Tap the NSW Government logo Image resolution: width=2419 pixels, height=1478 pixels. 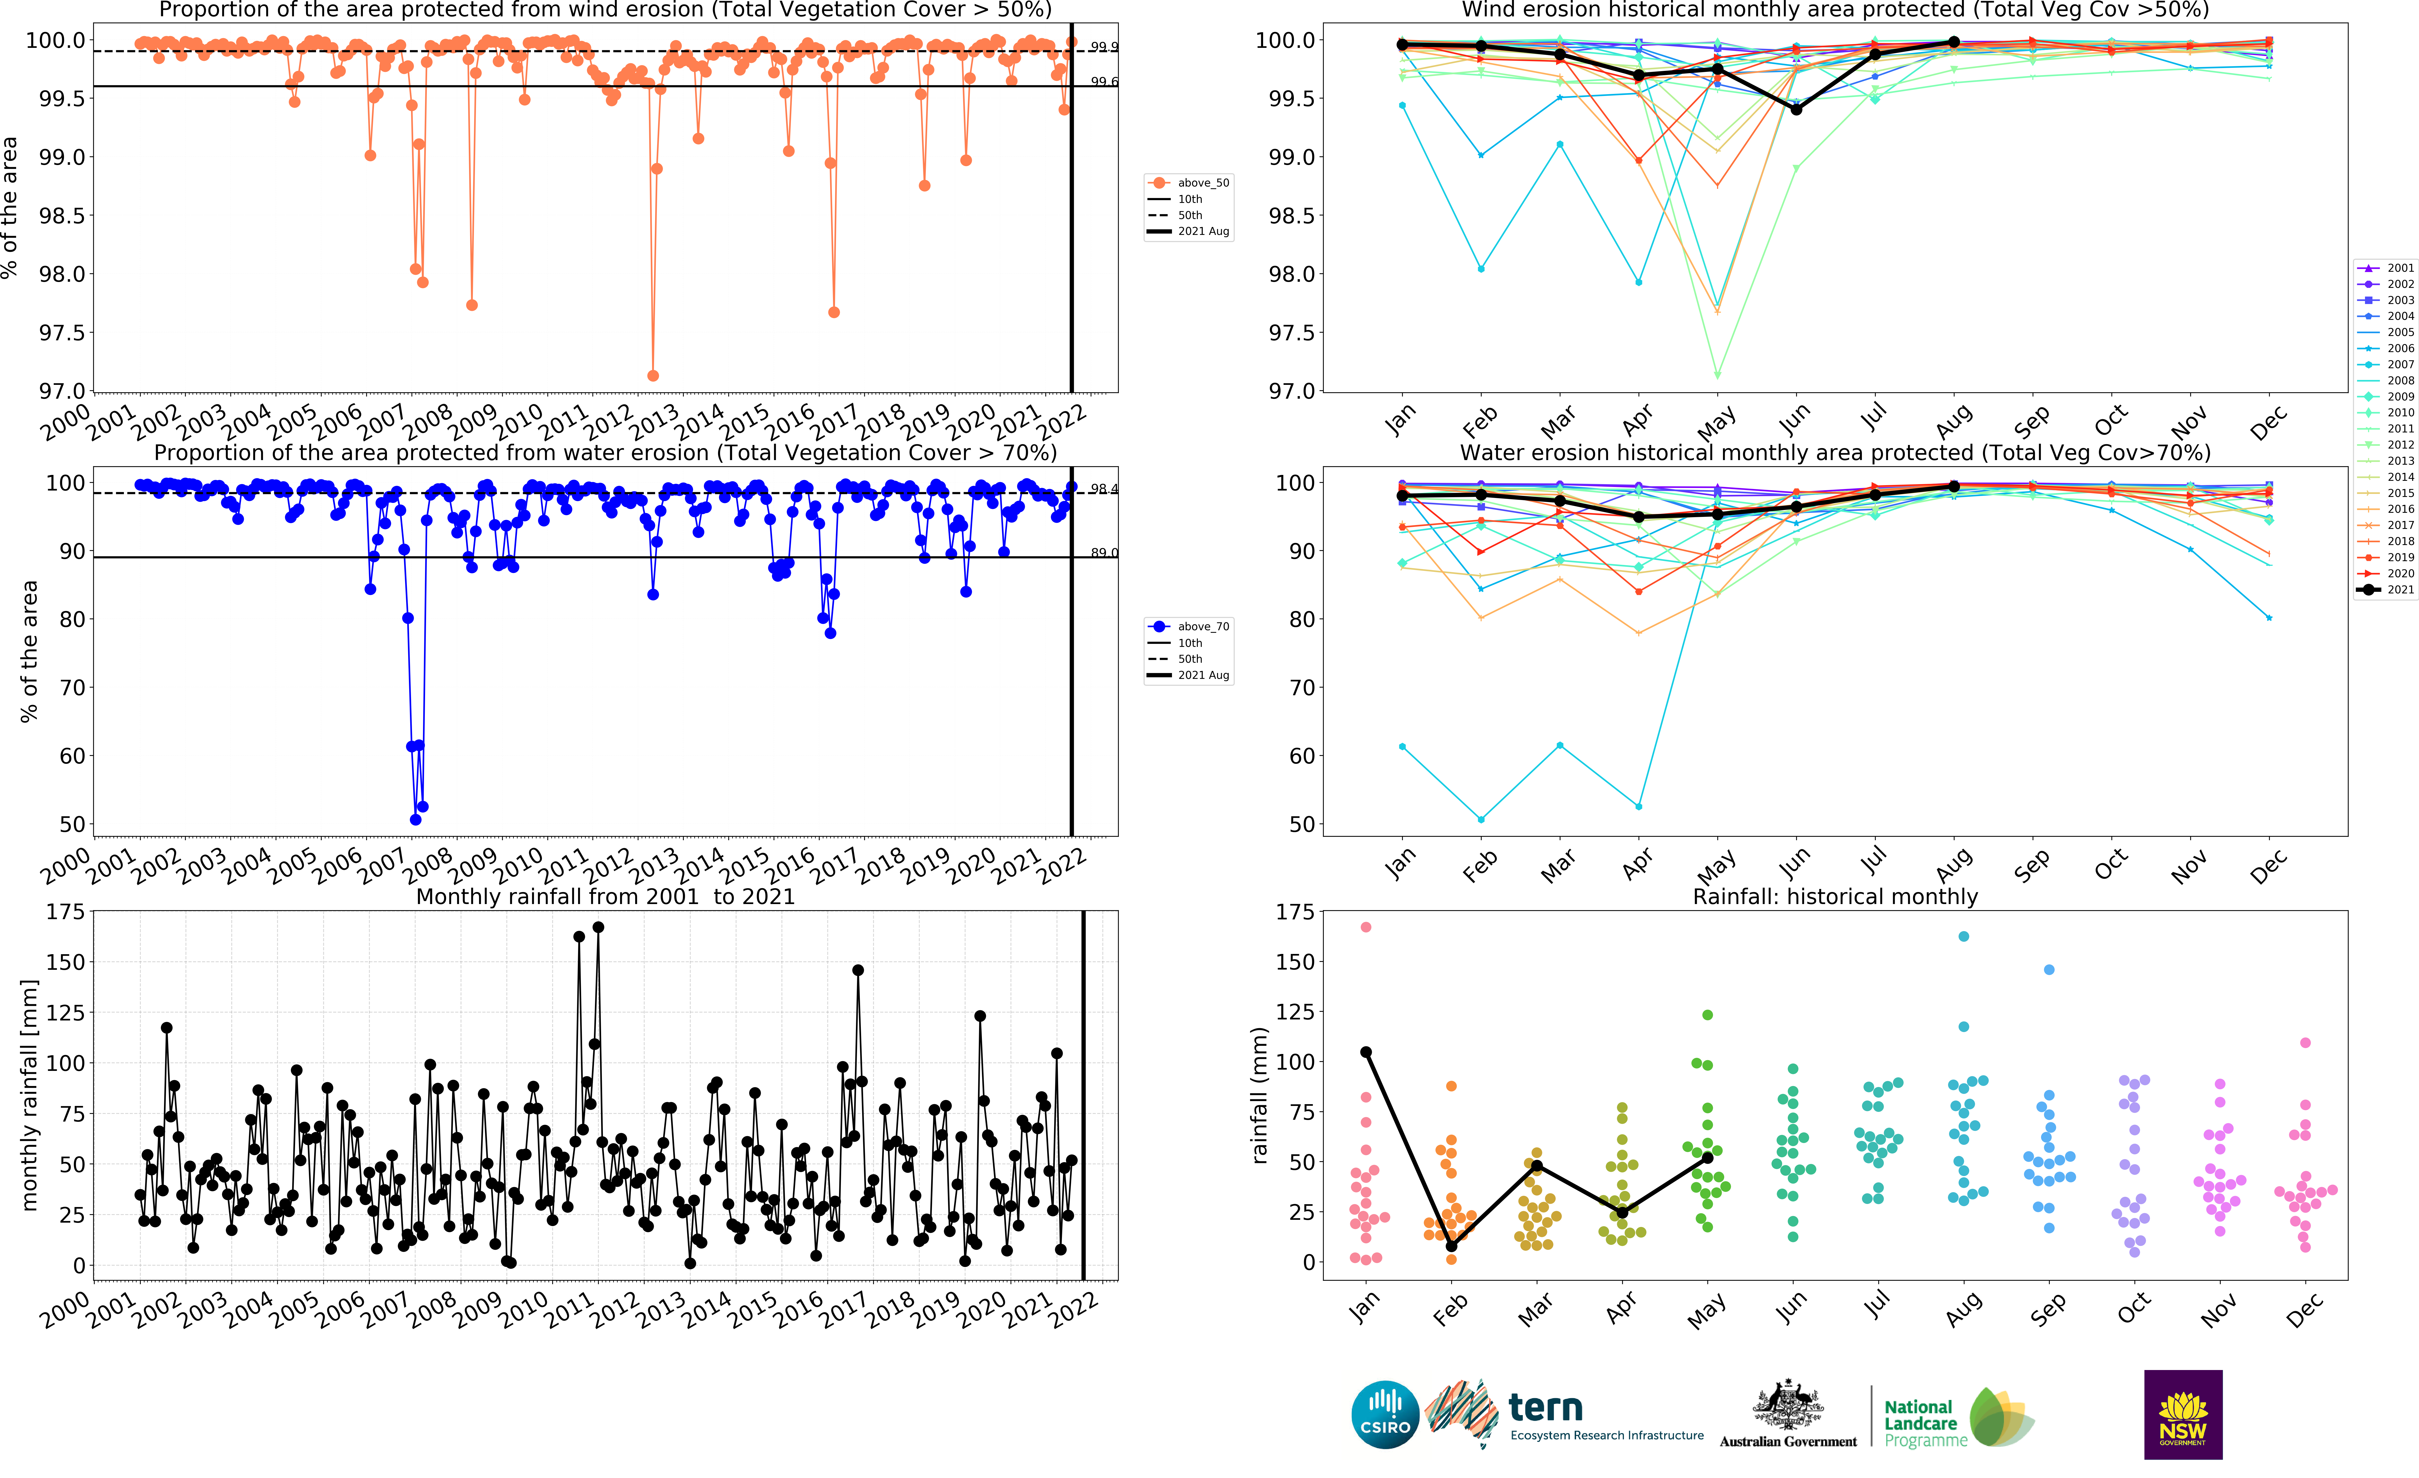[x=2182, y=1414]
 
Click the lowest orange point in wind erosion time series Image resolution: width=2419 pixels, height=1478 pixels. [x=653, y=376]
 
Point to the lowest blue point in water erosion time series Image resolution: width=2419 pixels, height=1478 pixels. [x=415, y=819]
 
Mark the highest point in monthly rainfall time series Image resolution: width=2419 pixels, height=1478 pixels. [x=598, y=927]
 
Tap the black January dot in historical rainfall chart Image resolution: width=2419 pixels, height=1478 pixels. [x=1365, y=1052]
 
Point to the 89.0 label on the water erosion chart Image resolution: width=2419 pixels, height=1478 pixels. [x=1103, y=552]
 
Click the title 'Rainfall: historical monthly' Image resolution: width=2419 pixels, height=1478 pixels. [x=1835, y=896]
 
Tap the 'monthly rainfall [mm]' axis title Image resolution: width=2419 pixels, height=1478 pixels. [x=29, y=1094]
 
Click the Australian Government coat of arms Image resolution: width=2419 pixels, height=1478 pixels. [x=1788, y=1405]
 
